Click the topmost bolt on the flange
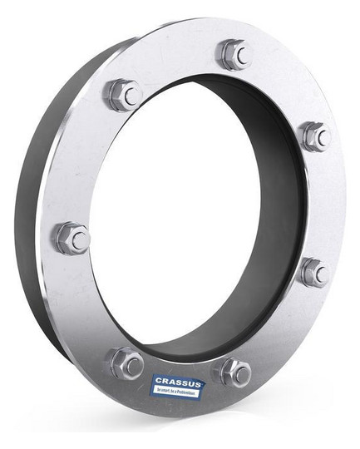pos(234,55)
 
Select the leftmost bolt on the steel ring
pos(72,239)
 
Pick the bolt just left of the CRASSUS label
pos(127,363)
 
